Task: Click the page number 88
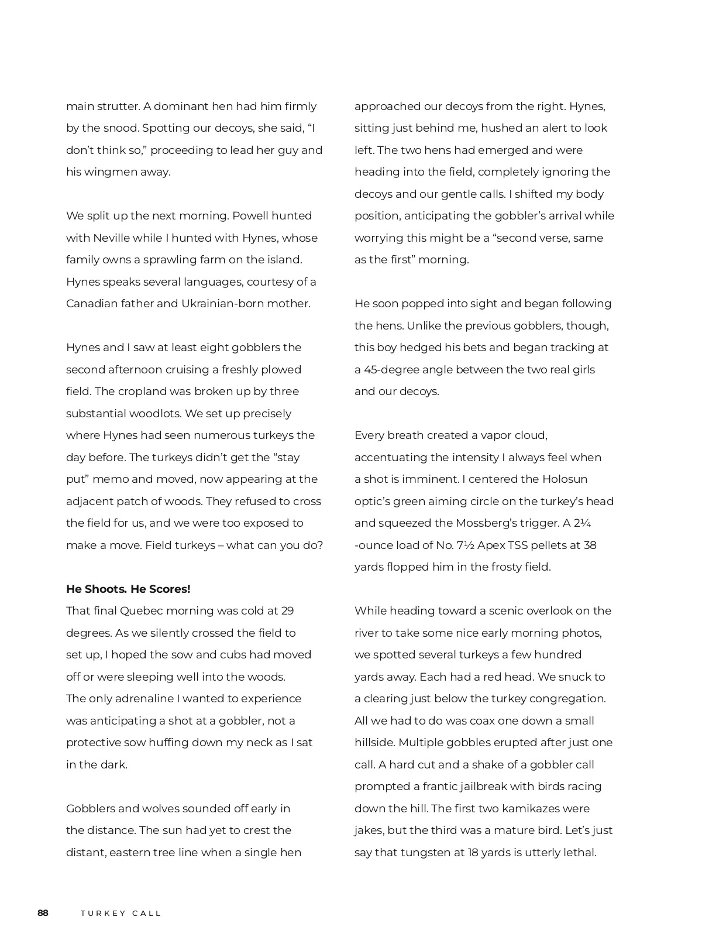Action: (x=43, y=913)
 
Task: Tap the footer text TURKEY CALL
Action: (x=121, y=913)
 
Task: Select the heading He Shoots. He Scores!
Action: (x=128, y=589)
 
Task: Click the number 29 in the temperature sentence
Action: (x=287, y=611)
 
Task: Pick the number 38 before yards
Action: (x=590, y=545)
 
